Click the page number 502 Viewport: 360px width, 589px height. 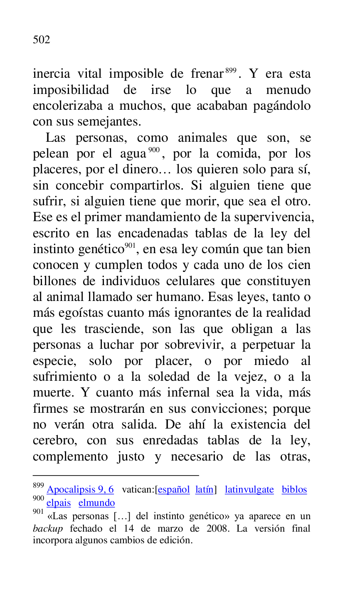pos(42,40)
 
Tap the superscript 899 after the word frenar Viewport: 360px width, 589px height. pos(231,71)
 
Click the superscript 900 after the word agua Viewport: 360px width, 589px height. pos(153,150)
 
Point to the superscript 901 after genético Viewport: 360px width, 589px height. pos(130,246)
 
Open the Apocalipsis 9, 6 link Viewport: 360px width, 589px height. pos(80,490)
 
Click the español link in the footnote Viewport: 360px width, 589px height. pos(174,490)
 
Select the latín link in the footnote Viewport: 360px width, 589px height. pos(204,490)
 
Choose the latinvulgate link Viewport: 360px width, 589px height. pos(249,490)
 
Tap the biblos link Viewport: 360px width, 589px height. pos(294,490)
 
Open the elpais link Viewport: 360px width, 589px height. pos(59,503)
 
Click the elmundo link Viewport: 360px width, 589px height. pos(96,503)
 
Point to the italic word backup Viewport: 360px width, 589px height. pos(48,529)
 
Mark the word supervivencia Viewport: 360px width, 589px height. pos(274,217)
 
